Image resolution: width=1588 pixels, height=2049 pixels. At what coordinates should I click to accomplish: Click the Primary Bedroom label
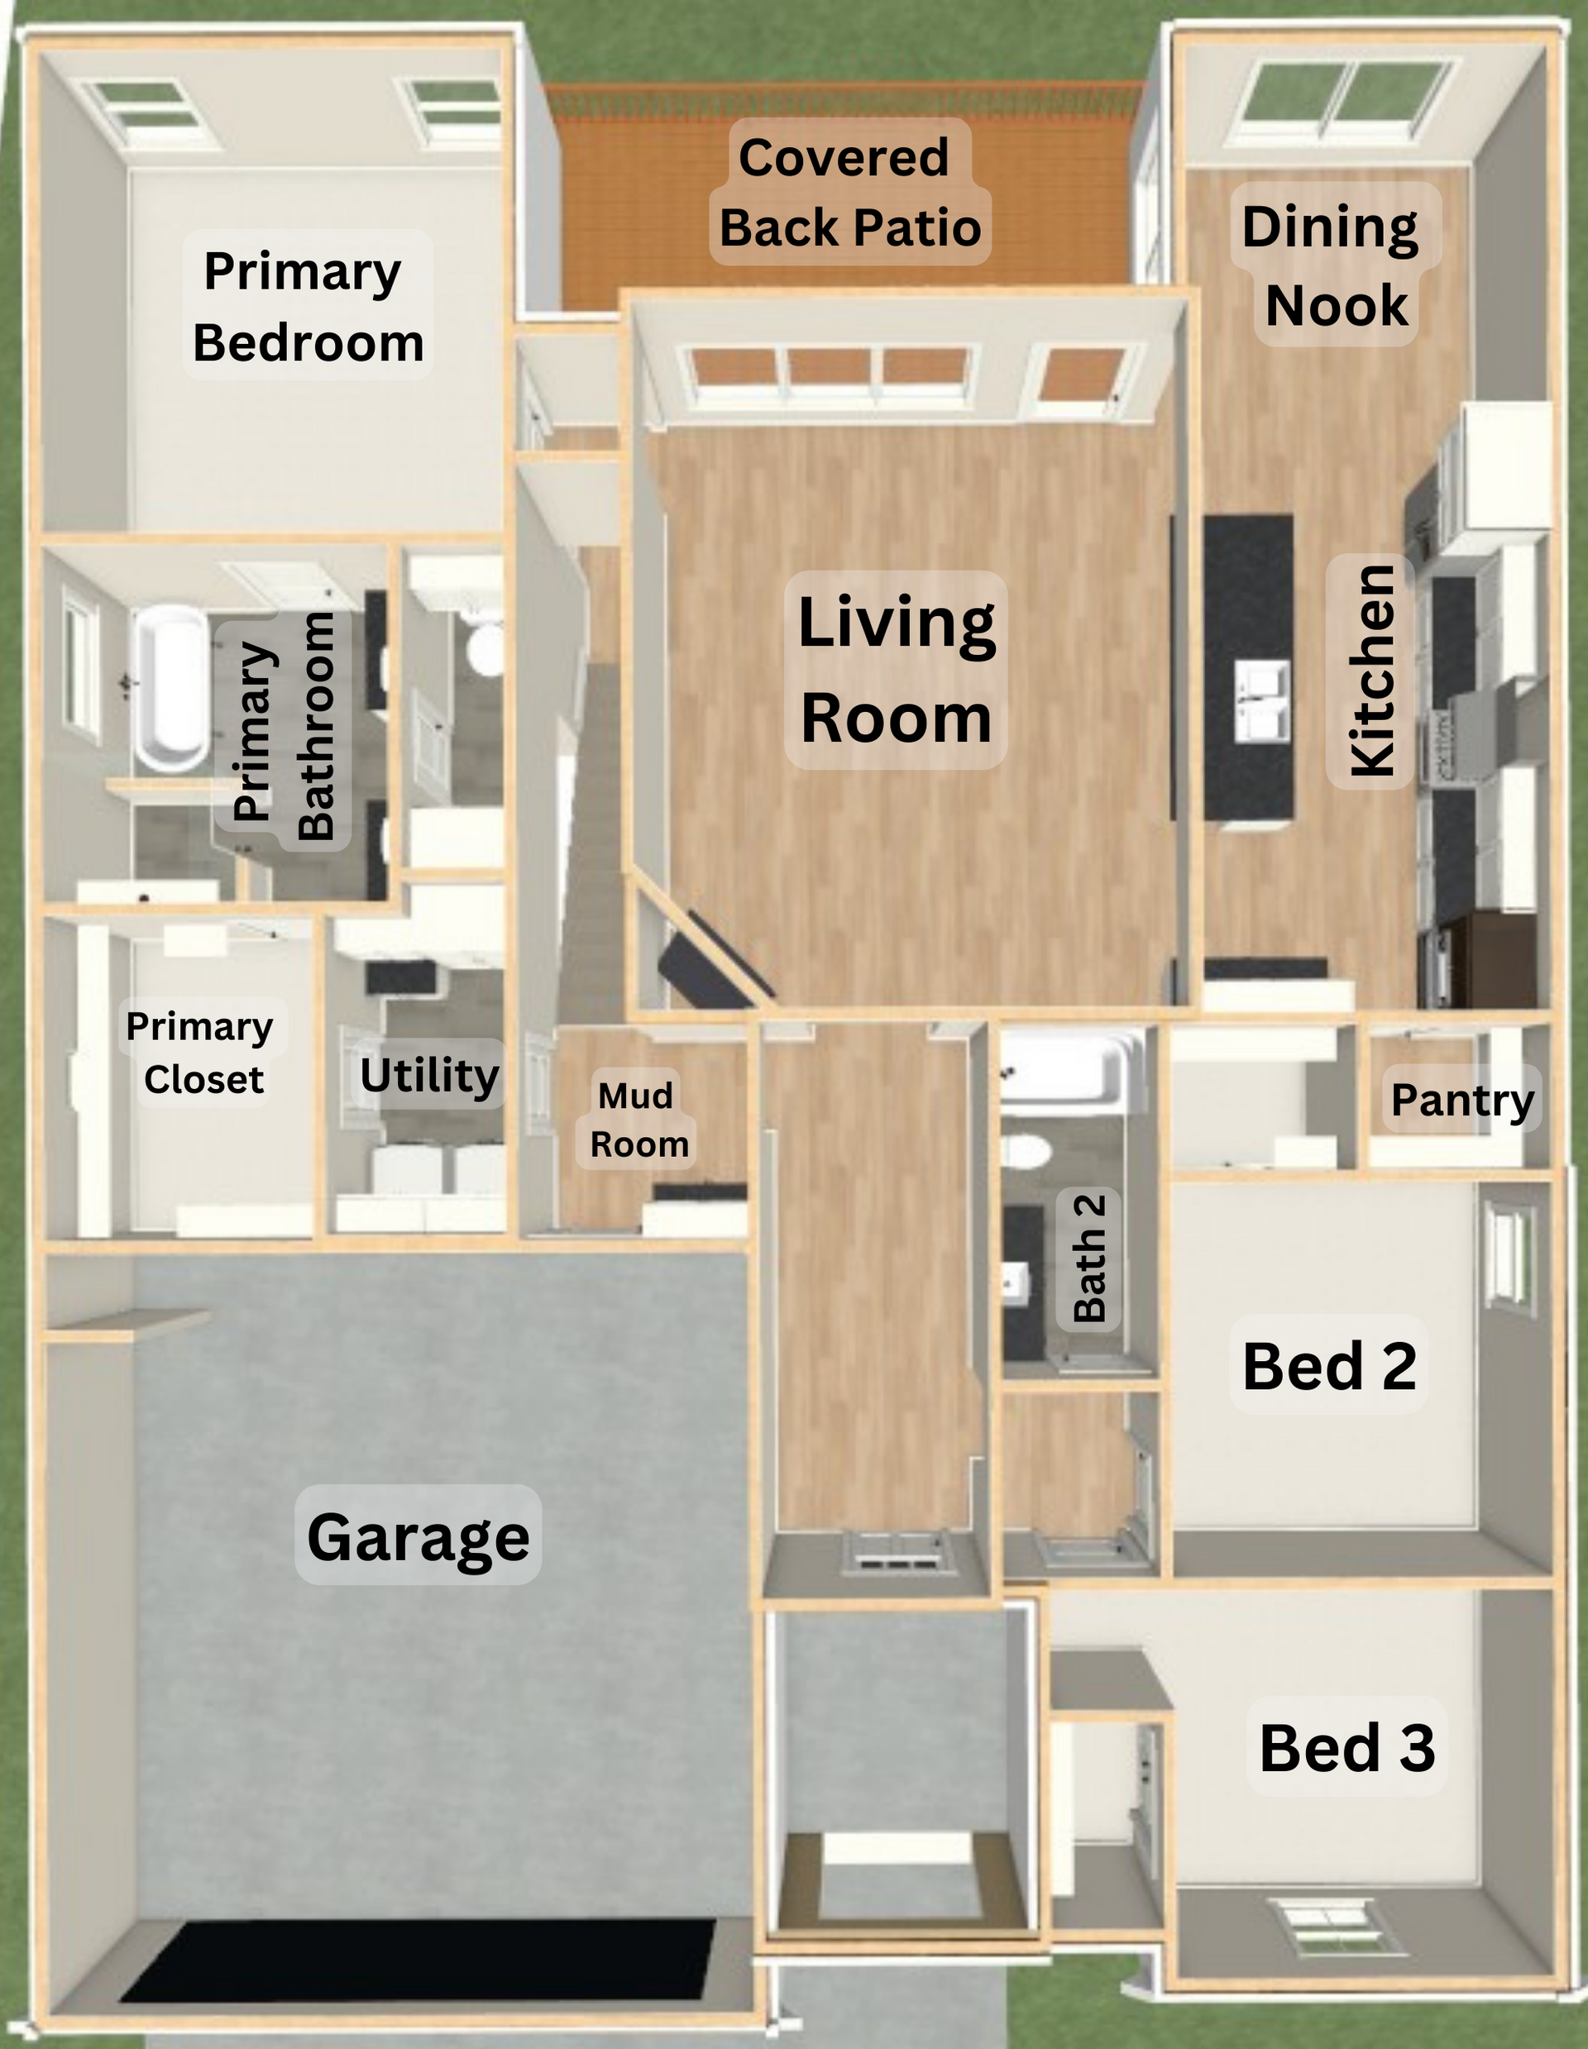point(308,306)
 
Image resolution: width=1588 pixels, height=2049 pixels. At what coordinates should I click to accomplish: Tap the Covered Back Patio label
point(849,193)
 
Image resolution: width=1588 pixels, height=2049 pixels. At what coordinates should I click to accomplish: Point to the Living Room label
point(897,670)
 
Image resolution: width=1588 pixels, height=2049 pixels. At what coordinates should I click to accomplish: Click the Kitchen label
point(1371,670)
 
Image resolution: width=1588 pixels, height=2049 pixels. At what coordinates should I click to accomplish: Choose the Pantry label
point(1462,1100)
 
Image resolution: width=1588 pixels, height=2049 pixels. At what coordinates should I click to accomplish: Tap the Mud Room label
point(639,1120)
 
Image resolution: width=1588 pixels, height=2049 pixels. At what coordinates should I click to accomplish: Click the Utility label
point(430,1075)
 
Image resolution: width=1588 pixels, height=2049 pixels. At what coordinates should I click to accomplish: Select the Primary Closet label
point(201,1053)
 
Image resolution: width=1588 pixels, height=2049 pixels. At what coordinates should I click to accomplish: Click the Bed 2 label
point(1329,1366)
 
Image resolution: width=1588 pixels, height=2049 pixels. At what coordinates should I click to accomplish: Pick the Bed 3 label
point(1346,1747)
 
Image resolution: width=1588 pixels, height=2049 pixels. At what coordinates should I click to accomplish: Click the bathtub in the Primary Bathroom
point(174,689)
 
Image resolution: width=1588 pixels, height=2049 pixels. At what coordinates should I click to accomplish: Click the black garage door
point(418,1960)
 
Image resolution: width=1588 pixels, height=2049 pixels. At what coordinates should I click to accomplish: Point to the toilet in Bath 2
point(1024,1150)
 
